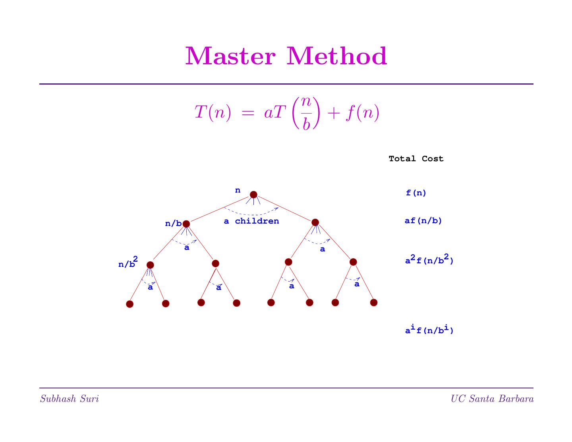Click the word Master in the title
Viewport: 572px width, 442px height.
pos(230,56)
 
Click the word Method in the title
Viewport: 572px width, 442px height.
pos(337,56)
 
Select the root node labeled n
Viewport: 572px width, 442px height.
pos(253,195)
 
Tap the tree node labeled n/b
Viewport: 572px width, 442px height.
pos(186,224)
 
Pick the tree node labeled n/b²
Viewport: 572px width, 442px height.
pos(150,265)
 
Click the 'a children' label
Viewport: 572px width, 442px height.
pos(251,221)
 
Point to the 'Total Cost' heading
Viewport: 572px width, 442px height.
pos(416,159)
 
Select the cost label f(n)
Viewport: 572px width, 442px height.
pos(416,193)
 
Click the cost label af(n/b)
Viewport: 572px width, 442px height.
pos(423,221)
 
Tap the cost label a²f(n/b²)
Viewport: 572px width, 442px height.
pos(429,261)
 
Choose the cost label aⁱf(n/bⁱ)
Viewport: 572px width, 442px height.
pos(429,330)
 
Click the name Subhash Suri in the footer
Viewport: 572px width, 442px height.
pos(69,399)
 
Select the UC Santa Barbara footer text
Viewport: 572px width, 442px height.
pos(492,399)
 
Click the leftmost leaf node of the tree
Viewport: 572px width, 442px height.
pos(129,304)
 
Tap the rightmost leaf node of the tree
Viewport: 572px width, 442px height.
pos(373,303)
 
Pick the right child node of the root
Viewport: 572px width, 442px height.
pos(315,222)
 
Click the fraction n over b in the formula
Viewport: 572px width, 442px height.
pos(306,113)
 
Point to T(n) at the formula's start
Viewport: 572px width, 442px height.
pos(212,113)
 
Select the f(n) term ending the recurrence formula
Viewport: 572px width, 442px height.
pos(362,113)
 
